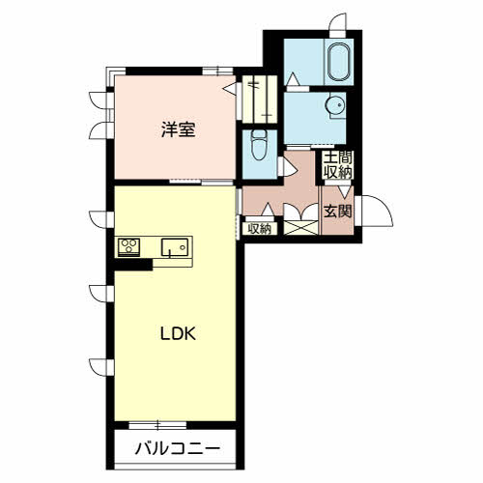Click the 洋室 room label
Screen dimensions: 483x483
[178, 128]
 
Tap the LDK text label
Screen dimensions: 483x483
[178, 334]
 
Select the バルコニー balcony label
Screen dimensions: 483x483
[177, 448]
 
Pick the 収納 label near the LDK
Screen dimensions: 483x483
[259, 229]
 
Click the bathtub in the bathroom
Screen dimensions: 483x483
[338, 64]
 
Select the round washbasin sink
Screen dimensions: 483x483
[335, 105]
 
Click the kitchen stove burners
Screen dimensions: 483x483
[129, 246]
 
